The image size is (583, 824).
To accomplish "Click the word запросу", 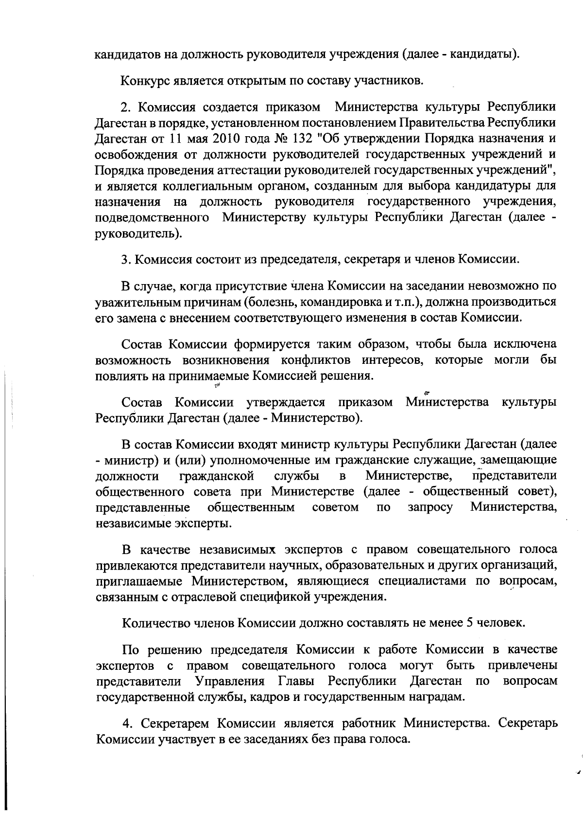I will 430,508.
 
